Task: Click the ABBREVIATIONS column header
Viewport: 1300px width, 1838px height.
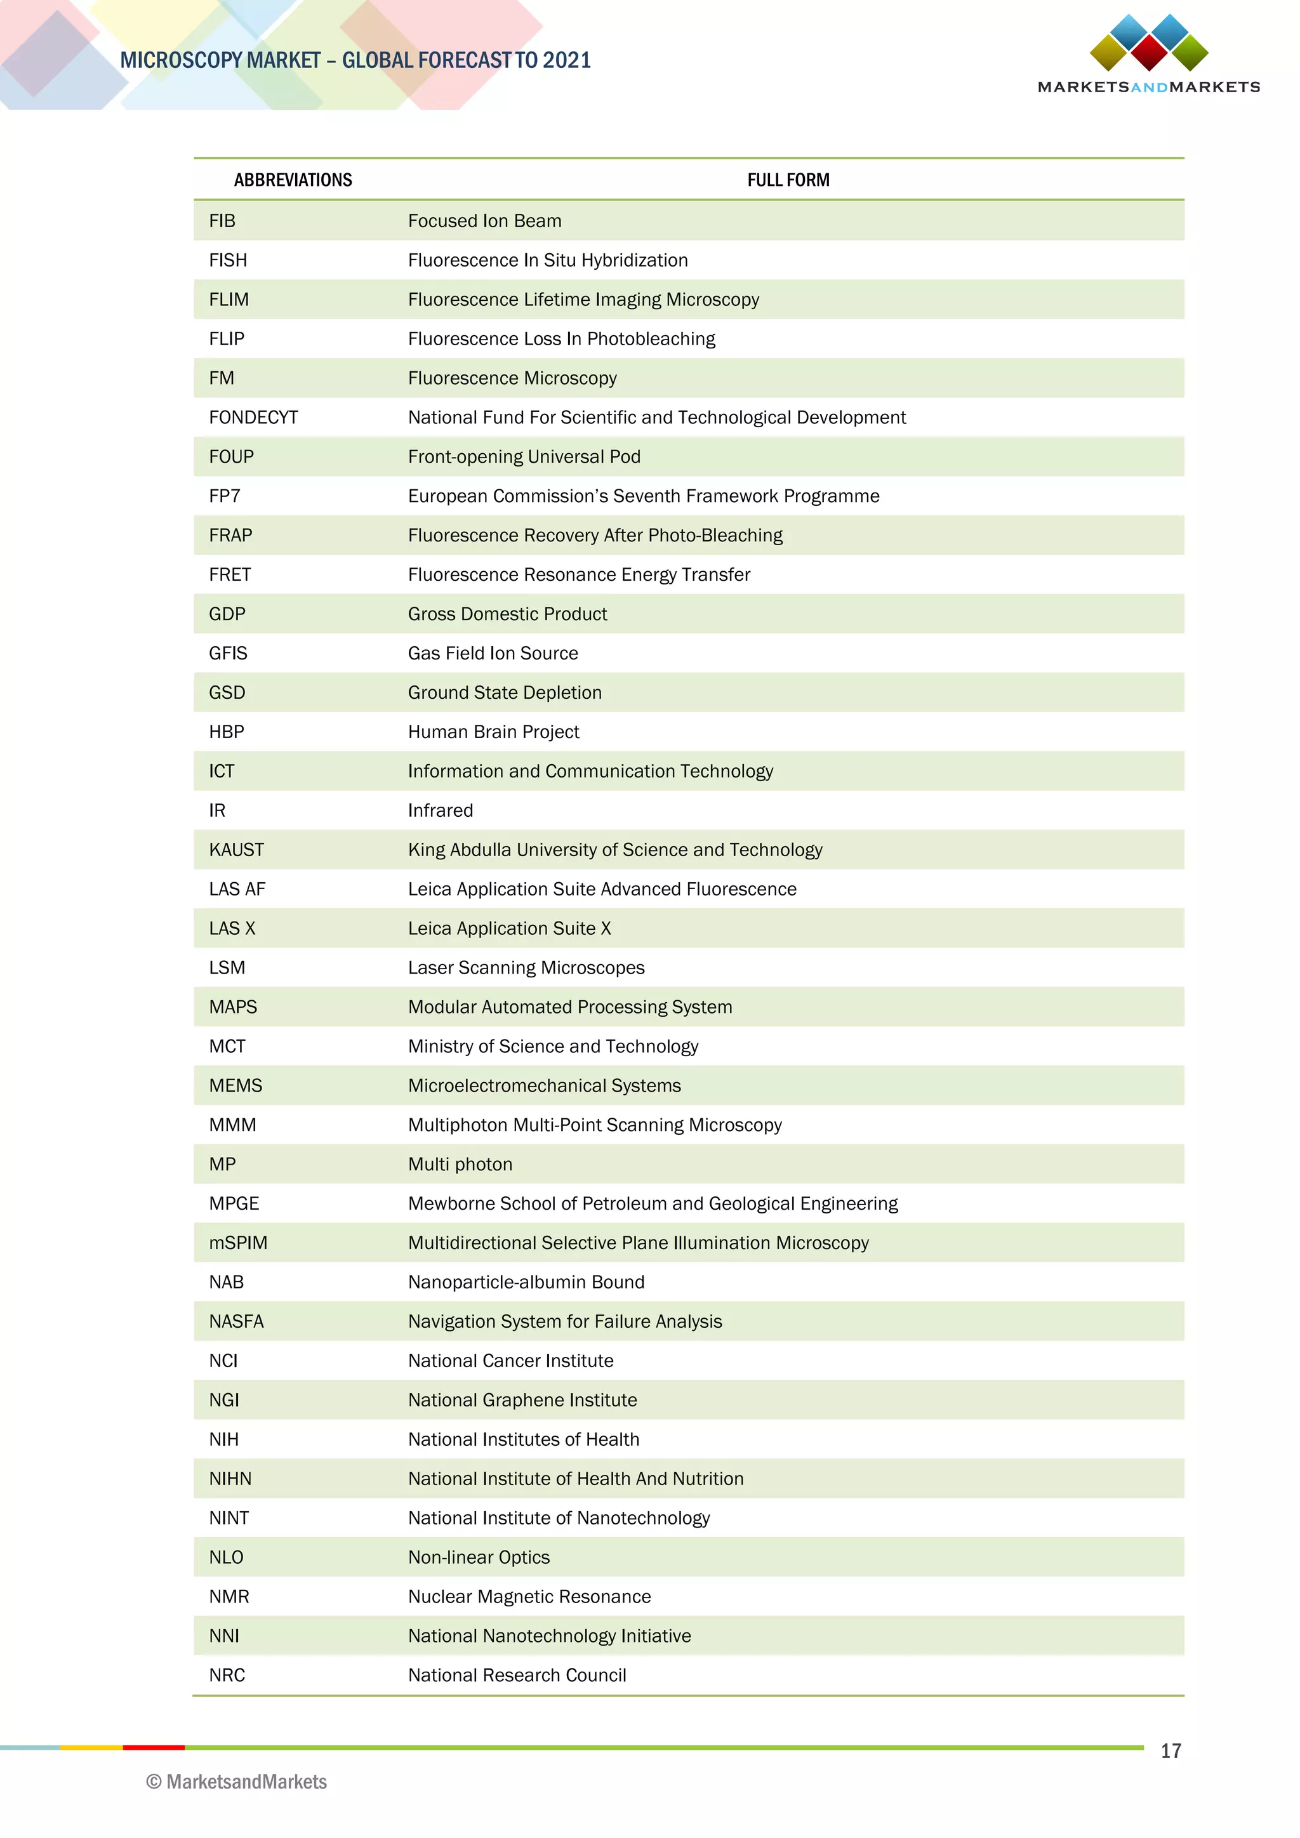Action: [293, 180]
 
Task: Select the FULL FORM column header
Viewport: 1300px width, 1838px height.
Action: [788, 180]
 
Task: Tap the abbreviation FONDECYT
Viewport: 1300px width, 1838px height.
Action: [253, 417]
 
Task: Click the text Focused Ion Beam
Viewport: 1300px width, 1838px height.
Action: [484, 221]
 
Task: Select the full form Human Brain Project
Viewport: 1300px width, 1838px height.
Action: [493, 732]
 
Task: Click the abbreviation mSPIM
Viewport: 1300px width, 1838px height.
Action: [238, 1243]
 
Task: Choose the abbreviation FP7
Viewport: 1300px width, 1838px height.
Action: [224, 496]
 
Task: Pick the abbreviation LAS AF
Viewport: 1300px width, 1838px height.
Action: [237, 889]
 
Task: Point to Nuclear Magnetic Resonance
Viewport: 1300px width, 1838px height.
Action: [529, 1596]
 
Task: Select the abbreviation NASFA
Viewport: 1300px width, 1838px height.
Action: [236, 1321]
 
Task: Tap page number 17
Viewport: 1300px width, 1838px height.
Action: [1171, 1751]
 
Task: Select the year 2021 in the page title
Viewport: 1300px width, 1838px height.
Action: [566, 60]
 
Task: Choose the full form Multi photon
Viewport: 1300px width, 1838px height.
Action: [460, 1164]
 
